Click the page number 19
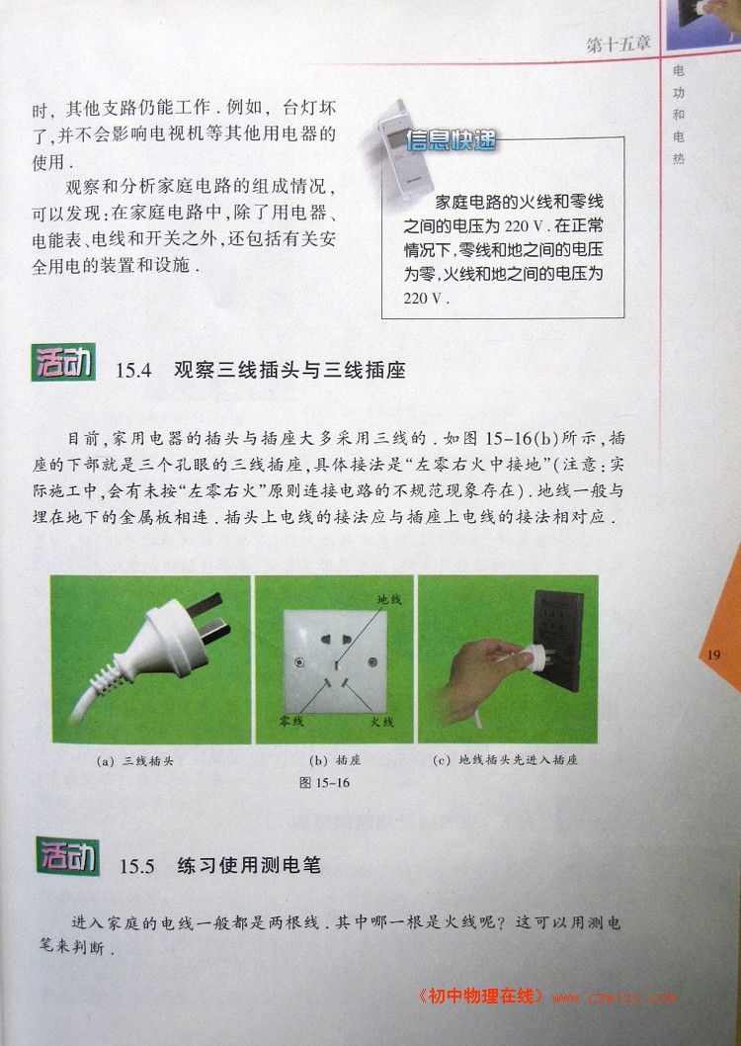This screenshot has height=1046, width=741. (713, 654)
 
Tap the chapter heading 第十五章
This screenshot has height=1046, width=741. (618, 44)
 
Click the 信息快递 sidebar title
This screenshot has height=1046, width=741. (451, 139)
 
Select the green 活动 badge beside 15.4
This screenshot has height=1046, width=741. (63, 363)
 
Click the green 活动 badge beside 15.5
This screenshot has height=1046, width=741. (67, 856)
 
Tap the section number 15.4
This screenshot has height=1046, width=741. (134, 371)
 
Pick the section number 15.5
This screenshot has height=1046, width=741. (137, 866)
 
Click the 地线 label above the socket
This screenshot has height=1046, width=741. (389, 600)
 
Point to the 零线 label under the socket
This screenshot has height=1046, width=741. (291, 721)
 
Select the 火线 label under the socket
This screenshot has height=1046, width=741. (381, 722)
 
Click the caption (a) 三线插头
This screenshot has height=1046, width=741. (134, 760)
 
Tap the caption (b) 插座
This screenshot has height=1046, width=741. (335, 760)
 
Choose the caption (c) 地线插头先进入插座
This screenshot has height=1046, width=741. (505, 760)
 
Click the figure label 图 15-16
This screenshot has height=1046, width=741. (324, 782)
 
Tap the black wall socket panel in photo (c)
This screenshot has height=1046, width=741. (558, 641)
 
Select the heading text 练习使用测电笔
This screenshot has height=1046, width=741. (249, 866)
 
